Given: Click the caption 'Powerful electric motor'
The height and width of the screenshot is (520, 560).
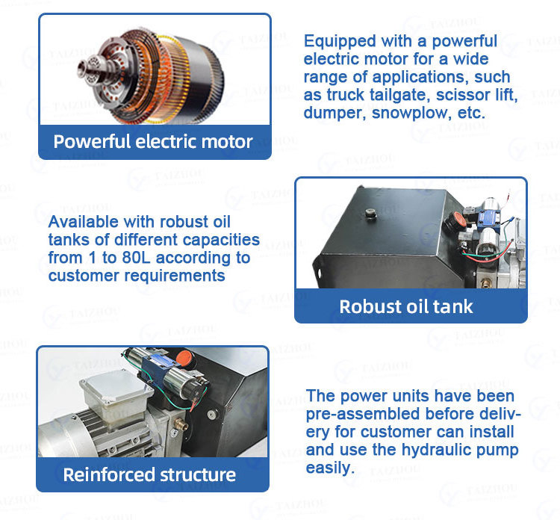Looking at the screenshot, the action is (x=153, y=141).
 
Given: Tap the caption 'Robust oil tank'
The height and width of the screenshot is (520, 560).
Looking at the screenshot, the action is (x=406, y=306).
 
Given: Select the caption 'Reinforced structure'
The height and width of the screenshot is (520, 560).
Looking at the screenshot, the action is (x=149, y=475).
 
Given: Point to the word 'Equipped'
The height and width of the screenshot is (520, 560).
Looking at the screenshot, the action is (x=340, y=42).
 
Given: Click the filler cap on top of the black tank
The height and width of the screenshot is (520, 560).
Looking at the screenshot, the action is (x=371, y=214).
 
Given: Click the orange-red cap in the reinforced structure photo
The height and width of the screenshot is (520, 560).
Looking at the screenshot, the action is (x=184, y=357).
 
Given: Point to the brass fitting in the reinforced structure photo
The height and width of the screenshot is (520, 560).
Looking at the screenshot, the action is (x=181, y=424).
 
